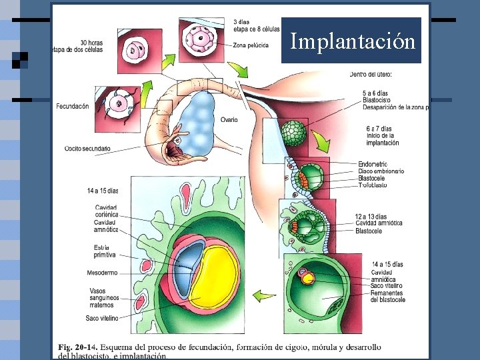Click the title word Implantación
352,41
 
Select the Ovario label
229,120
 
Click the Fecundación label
72,106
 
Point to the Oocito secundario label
87,148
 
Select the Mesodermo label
102,273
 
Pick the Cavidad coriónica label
106,211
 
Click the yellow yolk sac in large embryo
213,273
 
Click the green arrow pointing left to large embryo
266,295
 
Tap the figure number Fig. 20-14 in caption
77,347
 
